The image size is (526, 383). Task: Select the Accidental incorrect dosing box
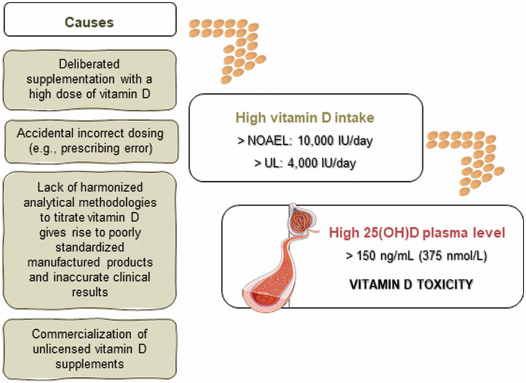tap(90, 140)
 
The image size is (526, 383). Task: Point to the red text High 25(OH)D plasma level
tap(418, 233)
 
